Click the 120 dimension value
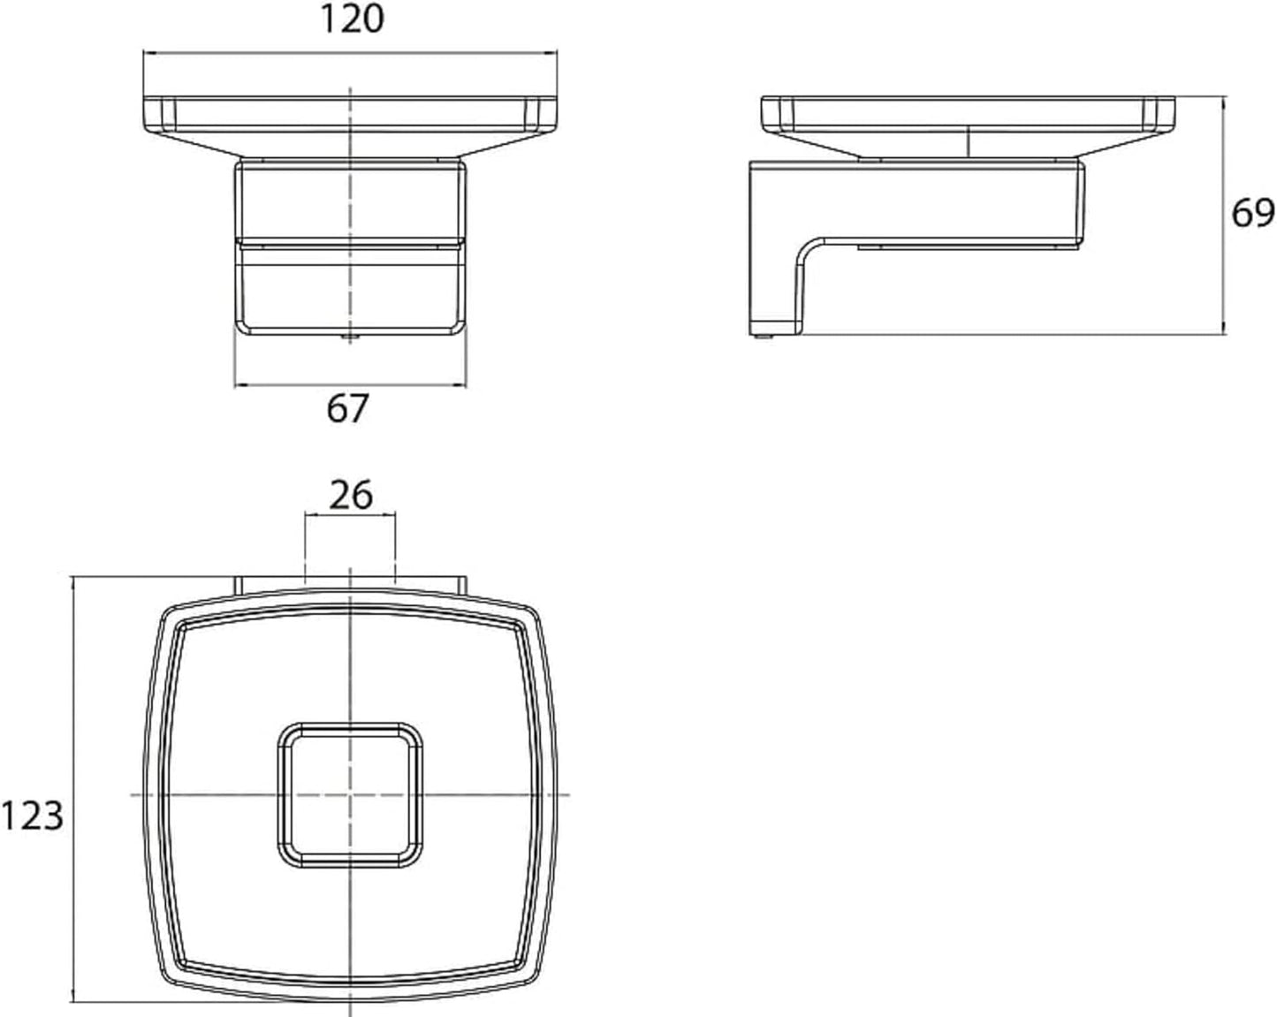[353, 19]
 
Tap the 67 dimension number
[347, 408]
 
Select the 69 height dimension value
[1252, 213]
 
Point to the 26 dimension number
[351, 495]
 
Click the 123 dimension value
[33, 815]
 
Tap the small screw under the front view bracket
[350, 338]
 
